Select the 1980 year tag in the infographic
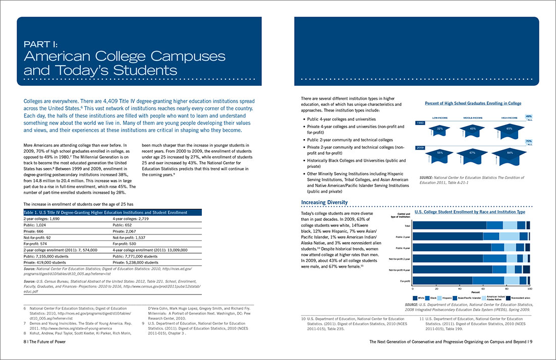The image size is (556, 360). pyautogui.click(x=420, y=123)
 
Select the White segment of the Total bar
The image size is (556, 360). pyautogui.click(x=450, y=225)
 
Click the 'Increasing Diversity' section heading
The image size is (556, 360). pyautogui.click(x=324, y=203)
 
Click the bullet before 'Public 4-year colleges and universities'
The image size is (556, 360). pyautogui.click(x=303, y=119)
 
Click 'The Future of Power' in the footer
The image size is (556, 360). pyautogui.click(x=46, y=341)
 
